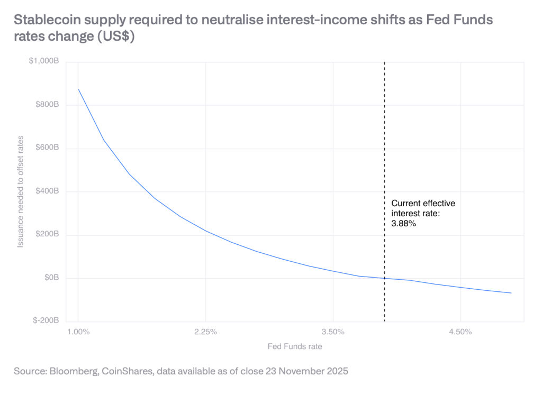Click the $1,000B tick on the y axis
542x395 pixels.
click(46, 62)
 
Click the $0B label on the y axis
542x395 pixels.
click(52, 278)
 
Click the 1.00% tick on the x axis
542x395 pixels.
click(78, 332)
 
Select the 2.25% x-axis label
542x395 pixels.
click(205, 332)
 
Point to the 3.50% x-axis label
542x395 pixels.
click(333, 332)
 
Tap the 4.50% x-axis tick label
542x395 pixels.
click(460, 332)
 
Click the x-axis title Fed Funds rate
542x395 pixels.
click(294, 347)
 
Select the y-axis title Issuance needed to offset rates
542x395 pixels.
click(21, 191)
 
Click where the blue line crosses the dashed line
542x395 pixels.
click(384, 278)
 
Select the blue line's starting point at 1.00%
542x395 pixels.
click(78, 89)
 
